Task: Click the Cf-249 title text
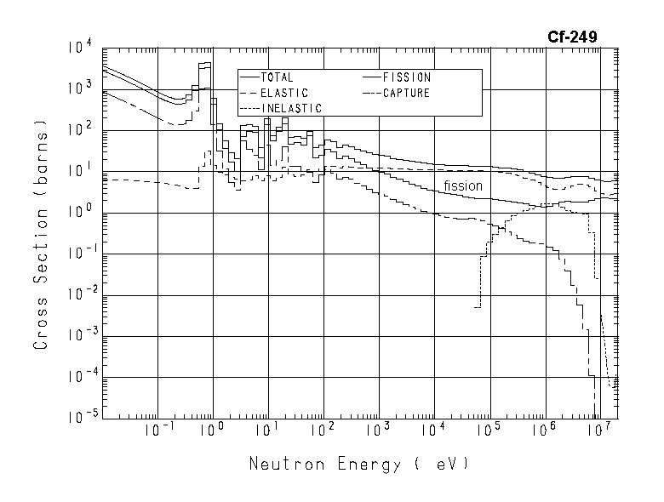click(x=571, y=37)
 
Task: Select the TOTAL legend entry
click(x=277, y=78)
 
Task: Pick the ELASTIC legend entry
click(x=283, y=93)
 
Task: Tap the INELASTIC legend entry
click(x=289, y=108)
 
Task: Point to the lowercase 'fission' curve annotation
click(x=462, y=185)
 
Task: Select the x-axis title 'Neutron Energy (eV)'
click(x=358, y=465)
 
